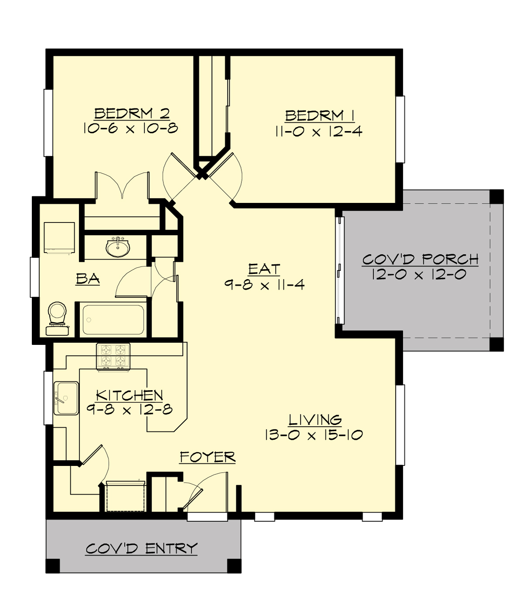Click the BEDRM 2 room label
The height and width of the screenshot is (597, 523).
[132, 114]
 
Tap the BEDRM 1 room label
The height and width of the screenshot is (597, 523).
[319, 116]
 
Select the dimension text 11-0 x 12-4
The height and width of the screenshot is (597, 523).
[318, 132]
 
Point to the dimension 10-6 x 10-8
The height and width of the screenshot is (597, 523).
[131, 128]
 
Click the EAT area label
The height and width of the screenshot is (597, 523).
[264, 270]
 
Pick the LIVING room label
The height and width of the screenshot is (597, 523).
[315, 420]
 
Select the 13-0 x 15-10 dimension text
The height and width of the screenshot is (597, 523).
[313, 435]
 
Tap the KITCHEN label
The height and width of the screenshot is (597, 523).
[129, 395]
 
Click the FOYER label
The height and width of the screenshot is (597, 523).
[207, 457]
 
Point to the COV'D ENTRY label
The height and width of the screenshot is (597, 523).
[142, 549]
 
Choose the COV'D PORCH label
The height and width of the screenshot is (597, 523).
[420, 260]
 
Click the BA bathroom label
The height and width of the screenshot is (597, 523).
[88, 279]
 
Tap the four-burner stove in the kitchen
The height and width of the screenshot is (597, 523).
[113, 356]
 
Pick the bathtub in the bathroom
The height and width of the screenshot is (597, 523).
[113, 320]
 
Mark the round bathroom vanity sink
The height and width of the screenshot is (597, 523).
[118, 248]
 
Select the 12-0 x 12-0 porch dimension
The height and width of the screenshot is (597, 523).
[419, 275]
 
